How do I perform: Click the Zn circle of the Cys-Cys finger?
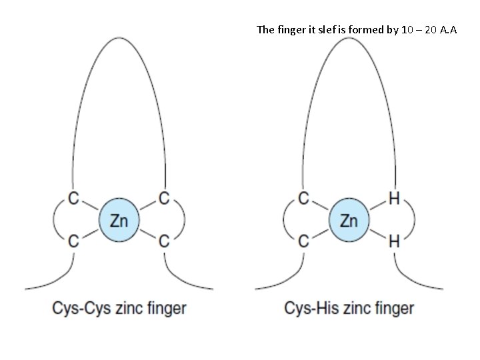click(x=118, y=220)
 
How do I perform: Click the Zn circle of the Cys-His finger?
click(x=349, y=220)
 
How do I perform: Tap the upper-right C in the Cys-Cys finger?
click(x=163, y=198)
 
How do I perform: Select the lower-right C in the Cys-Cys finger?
click(x=163, y=242)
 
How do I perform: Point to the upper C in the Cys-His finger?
click(x=303, y=198)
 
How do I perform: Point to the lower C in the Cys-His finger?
click(x=303, y=242)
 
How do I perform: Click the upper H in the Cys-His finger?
click(x=394, y=198)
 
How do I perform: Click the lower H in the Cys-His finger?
click(x=394, y=242)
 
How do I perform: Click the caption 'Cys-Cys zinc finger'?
click(x=119, y=308)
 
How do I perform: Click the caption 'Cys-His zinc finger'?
click(x=349, y=308)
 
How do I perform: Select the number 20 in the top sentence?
click(x=427, y=30)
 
